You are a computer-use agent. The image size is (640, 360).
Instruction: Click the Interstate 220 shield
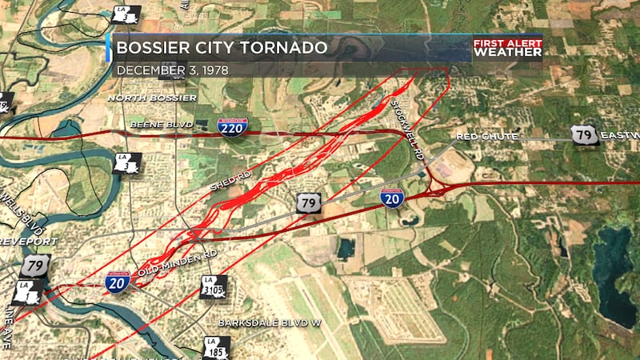point(232,126)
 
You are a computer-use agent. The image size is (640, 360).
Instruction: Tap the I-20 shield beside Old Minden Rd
point(118,282)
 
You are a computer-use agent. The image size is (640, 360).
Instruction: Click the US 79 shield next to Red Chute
point(586,135)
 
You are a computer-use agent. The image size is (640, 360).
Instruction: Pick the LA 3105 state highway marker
point(214,286)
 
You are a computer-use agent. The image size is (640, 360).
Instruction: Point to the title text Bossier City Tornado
point(222,48)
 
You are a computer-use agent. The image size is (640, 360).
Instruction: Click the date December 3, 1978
point(173,70)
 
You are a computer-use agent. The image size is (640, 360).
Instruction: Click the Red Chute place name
point(487,137)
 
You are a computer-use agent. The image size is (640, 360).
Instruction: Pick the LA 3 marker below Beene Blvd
point(127,164)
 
